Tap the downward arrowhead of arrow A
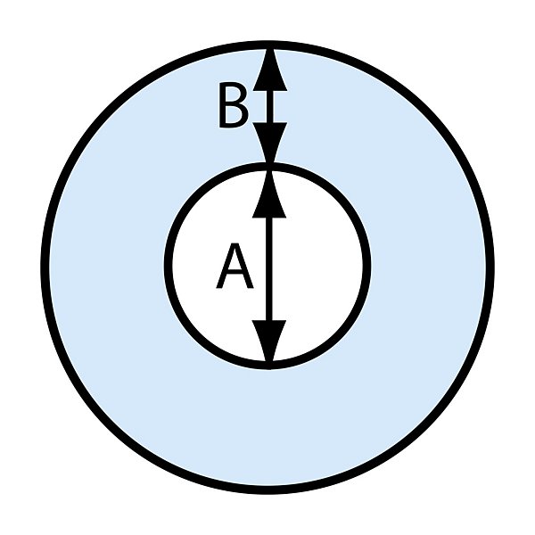pyautogui.click(x=268, y=341)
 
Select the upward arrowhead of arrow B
pyautogui.click(x=268, y=70)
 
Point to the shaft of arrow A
pyautogui.click(x=268, y=267)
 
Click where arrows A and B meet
pyautogui.click(x=268, y=166)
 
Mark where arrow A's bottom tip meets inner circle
pyautogui.click(x=268, y=363)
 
